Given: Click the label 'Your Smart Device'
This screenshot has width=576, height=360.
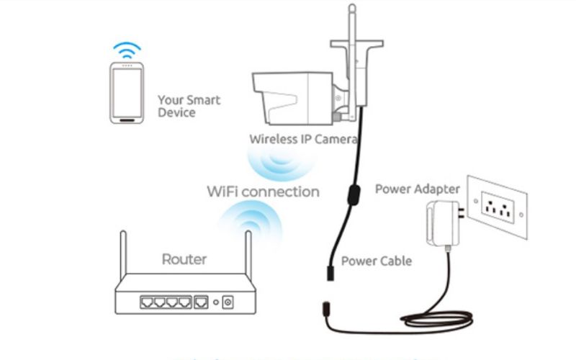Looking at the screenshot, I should pyautogui.click(x=189, y=106).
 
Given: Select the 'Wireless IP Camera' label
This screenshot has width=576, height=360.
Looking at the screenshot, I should pyautogui.click(x=303, y=138).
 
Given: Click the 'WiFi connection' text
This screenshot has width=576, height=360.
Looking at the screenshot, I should pyautogui.click(x=263, y=192).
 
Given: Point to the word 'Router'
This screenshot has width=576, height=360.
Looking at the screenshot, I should pyautogui.click(x=184, y=259).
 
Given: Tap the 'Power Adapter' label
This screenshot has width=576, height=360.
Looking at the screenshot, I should pyautogui.click(x=417, y=189).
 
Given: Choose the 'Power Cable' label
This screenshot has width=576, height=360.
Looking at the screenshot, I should pyautogui.click(x=376, y=260).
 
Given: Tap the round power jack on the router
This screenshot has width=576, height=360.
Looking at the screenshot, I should pyautogui.click(x=228, y=302).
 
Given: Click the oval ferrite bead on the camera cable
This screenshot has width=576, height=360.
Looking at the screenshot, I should pyautogui.click(x=353, y=194).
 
